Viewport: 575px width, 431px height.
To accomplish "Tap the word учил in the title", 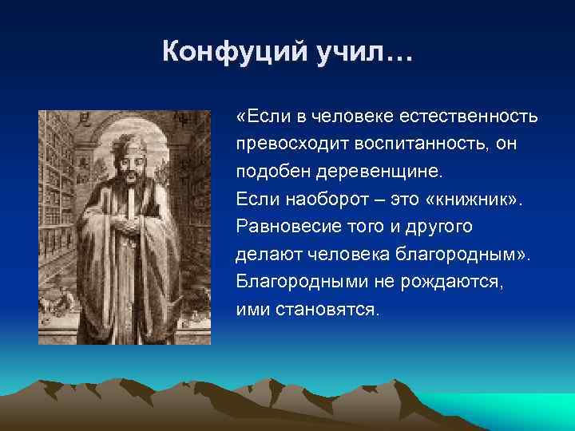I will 353,53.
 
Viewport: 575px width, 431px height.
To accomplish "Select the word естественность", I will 474,117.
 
